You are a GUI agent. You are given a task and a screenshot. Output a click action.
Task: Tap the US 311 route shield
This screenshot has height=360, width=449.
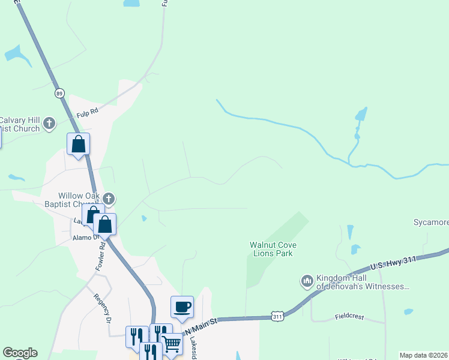(x=277, y=316)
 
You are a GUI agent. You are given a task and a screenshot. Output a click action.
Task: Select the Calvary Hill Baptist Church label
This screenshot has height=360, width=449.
(x=20, y=124)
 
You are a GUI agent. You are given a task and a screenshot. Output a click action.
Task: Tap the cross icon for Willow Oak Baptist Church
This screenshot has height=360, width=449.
(x=109, y=199)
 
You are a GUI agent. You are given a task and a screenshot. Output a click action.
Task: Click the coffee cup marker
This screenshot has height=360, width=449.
(x=182, y=307)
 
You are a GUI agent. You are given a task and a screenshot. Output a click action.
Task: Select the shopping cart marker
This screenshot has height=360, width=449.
(x=171, y=344)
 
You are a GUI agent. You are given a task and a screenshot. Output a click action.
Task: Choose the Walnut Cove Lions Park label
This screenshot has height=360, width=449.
(x=273, y=249)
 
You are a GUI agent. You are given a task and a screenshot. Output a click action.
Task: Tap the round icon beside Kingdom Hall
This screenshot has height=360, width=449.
(x=307, y=281)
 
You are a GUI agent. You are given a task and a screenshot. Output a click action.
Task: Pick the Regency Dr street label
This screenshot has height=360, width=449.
(x=101, y=308)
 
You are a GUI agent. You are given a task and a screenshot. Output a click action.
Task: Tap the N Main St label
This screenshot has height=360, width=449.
(x=200, y=326)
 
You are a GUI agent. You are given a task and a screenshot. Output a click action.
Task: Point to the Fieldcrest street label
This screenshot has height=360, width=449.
(x=350, y=317)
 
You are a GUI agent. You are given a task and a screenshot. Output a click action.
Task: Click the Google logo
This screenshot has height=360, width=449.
(x=20, y=353)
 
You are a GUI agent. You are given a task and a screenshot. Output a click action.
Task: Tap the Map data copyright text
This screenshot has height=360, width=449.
(x=424, y=355)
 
